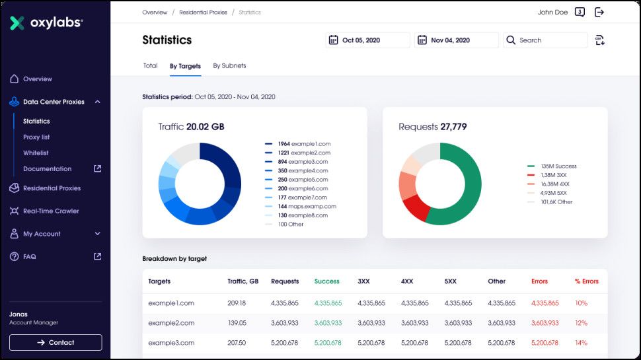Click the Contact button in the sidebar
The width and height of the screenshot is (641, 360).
[56, 342]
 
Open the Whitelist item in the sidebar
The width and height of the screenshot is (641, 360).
[36, 153]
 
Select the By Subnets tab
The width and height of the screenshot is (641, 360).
[229, 65]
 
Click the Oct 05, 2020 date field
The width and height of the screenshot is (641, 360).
[367, 40]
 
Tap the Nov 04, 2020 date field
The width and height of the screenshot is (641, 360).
[456, 40]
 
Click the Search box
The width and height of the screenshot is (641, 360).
[545, 40]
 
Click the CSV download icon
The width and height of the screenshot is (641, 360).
[599, 40]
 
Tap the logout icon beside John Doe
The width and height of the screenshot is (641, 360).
[599, 12]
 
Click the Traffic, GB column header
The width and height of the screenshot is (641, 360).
[243, 281]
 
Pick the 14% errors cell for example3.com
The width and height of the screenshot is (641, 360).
[581, 343]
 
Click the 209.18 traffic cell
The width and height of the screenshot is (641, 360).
[237, 303]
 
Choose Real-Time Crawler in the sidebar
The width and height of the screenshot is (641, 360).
[51, 211]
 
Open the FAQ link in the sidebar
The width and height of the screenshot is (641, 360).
[30, 256]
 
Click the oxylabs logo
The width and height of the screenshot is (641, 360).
[46, 23]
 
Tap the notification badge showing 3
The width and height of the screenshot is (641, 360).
[580, 12]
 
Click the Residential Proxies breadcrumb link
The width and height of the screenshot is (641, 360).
[203, 13]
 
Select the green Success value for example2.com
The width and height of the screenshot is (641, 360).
[328, 323]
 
